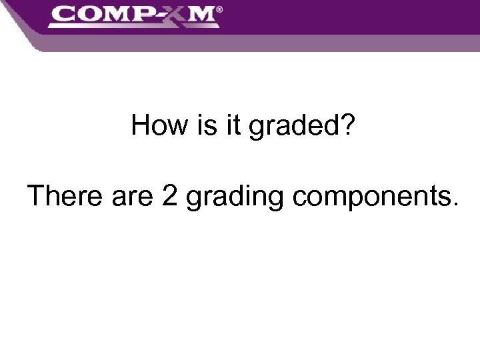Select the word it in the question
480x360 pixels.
pos(233,125)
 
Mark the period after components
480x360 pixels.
pos(455,205)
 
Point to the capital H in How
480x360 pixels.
pos(141,125)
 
